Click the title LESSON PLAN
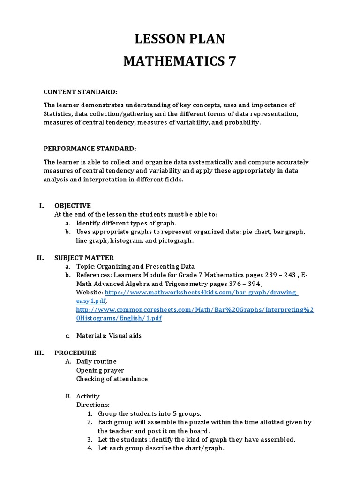(180, 39)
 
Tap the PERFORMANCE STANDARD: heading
(90, 149)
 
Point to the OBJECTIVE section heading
(73, 205)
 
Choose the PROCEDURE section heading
(75, 352)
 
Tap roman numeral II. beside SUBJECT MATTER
(40, 257)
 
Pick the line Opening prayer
(100, 370)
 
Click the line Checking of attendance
(112, 379)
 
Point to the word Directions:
(92, 405)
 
